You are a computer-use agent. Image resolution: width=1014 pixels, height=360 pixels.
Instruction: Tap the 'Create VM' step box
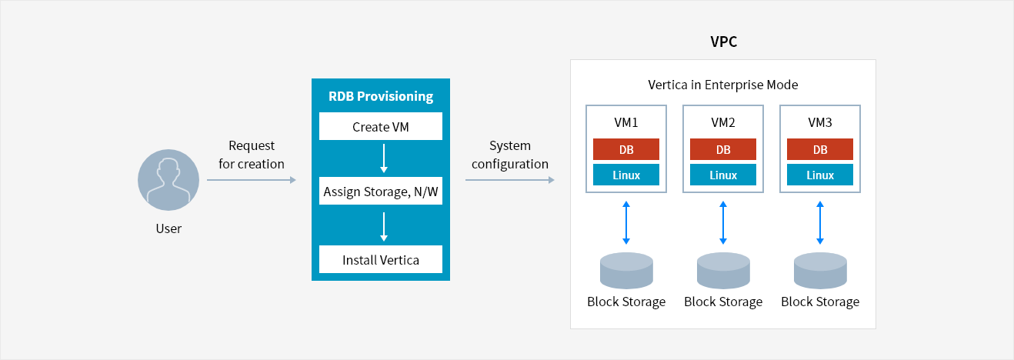click(x=381, y=127)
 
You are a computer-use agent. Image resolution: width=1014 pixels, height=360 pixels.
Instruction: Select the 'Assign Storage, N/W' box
click(x=381, y=192)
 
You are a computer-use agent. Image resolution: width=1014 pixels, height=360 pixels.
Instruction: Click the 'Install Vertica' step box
click(x=381, y=260)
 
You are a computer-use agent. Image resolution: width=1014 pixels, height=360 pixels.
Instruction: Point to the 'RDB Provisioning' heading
click(x=381, y=96)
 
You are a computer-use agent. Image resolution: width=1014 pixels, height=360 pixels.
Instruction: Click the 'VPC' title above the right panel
click(x=723, y=42)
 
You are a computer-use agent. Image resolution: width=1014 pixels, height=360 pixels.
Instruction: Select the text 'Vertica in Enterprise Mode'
click(x=723, y=85)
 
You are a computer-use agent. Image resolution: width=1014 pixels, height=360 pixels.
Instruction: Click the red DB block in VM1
click(x=626, y=149)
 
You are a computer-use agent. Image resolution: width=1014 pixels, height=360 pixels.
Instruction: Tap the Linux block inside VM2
click(x=723, y=175)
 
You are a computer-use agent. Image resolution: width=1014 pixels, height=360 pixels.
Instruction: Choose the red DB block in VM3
click(x=820, y=149)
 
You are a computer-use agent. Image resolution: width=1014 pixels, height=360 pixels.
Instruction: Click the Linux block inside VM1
click(x=626, y=175)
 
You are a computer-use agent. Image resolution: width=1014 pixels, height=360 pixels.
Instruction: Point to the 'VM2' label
click(x=723, y=122)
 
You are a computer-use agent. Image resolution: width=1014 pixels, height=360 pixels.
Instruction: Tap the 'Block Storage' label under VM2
click(x=723, y=302)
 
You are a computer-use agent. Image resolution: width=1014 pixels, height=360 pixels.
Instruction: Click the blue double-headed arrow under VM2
click(x=723, y=222)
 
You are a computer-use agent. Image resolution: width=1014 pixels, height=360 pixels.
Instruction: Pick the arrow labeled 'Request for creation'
click(x=252, y=180)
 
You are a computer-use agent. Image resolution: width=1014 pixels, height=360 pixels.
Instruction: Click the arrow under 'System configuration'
click(x=510, y=180)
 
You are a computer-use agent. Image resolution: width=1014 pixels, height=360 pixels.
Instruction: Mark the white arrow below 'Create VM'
click(x=384, y=159)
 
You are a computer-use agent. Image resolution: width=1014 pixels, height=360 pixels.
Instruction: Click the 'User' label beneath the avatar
click(x=168, y=228)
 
